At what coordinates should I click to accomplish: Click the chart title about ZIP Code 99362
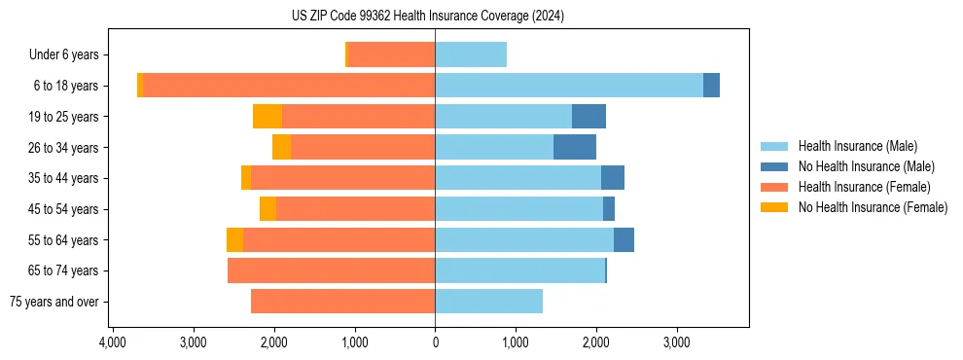click(x=427, y=17)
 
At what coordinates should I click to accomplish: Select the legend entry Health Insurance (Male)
click(x=857, y=146)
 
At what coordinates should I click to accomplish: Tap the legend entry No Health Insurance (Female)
click(x=873, y=207)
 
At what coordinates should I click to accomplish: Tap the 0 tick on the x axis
click(x=435, y=342)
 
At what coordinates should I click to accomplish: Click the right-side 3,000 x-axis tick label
click(x=677, y=342)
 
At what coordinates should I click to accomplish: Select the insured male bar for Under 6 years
click(x=471, y=54)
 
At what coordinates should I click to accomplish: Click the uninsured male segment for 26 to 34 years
click(x=575, y=147)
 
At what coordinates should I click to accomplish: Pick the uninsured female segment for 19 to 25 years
click(x=267, y=117)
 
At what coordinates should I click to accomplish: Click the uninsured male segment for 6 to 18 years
click(x=711, y=86)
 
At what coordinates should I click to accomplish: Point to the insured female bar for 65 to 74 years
click(x=331, y=270)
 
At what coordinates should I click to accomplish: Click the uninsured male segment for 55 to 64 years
click(x=624, y=239)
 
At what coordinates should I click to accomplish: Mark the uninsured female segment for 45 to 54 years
click(x=267, y=209)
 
